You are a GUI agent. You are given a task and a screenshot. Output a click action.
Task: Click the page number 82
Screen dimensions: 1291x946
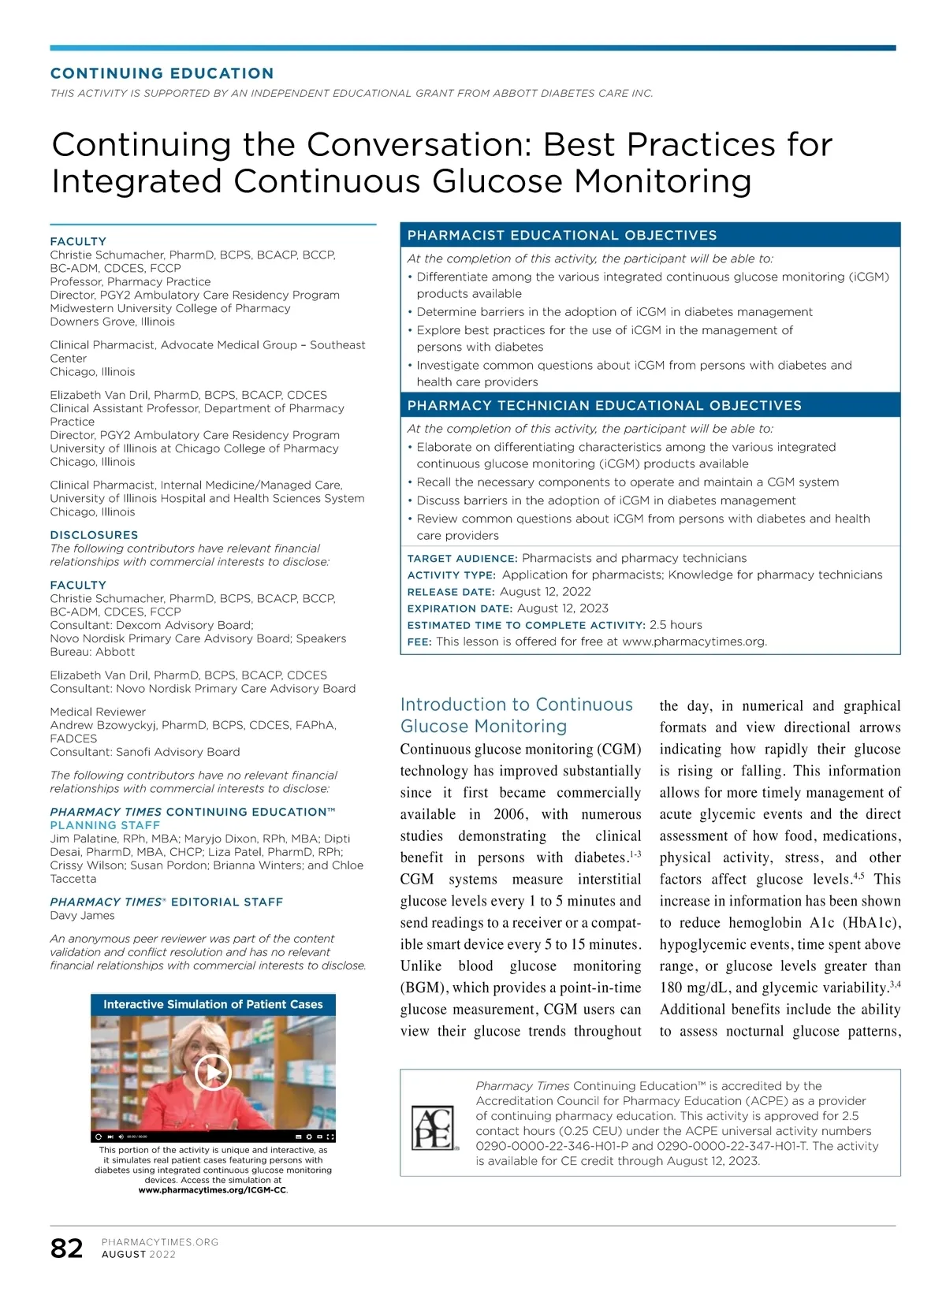(x=66, y=1248)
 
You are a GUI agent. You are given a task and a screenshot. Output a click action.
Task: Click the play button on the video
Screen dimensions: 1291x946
(x=213, y=1072)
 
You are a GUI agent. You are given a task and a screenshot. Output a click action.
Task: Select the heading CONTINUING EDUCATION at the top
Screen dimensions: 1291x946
(x=162, y=73)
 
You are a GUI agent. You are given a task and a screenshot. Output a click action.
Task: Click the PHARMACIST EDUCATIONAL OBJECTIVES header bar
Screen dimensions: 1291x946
(x=650, y=235)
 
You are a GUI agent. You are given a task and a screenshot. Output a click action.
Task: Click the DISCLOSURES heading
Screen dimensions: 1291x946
(x=94, y=534)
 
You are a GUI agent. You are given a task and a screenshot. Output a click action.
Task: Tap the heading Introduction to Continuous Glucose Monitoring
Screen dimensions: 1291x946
(x=516, y=715)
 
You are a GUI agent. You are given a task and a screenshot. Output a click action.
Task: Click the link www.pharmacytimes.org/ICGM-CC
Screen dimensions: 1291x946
(x=213, y=1190)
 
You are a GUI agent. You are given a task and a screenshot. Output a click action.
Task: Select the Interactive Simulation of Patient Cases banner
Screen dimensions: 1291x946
(x=213, y=1004)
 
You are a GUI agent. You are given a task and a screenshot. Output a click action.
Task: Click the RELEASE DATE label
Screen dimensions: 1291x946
(x=451, y=592)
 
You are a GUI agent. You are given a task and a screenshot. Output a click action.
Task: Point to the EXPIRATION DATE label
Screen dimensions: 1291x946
(x=460, y=608)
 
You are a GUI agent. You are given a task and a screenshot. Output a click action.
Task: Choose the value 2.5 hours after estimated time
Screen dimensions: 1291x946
(x=676, y=625)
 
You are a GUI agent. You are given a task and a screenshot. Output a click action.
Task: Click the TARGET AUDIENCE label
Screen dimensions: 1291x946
(x=462, y=559)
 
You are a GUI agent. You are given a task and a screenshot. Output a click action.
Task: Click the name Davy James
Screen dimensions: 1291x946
(x=82, y=915)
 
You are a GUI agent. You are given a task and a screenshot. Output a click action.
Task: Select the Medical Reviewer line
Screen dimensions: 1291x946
(x=98, y=712)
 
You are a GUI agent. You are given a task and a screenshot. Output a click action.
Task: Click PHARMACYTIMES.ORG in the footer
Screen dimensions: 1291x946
(x=160, y=1242)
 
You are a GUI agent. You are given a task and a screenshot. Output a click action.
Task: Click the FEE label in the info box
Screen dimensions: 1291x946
(x=419, y=642)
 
